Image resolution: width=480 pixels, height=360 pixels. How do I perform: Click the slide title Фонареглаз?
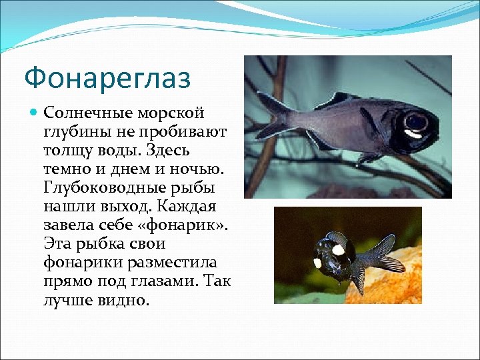[107, 77]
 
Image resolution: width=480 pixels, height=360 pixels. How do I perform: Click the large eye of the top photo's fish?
[417, 121]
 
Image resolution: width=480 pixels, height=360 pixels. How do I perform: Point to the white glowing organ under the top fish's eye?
[413, 134]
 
